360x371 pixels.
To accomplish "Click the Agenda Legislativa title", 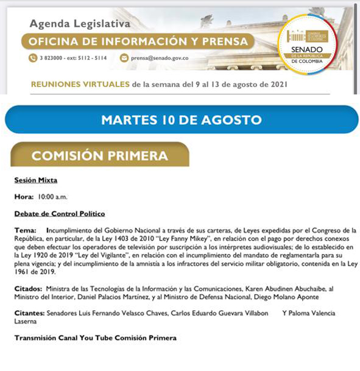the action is (x=80, y=24).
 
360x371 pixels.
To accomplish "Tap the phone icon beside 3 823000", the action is (x=32, y=58).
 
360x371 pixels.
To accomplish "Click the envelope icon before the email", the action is (x=124, y=58).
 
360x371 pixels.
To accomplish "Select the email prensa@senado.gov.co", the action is (x=160, y=58).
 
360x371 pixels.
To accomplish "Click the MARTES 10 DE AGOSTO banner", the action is (x=181, y=119).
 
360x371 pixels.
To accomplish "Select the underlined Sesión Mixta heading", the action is (x=36, y=180).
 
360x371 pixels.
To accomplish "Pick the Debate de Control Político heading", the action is (x=60, y=214).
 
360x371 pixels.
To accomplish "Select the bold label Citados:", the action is (x=28, y=288).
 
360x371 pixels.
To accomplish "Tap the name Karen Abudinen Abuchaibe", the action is (x=267, y=288).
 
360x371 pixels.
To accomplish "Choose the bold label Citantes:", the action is (x=30, y=313).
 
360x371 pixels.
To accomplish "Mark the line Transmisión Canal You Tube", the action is (x=96, y=337).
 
